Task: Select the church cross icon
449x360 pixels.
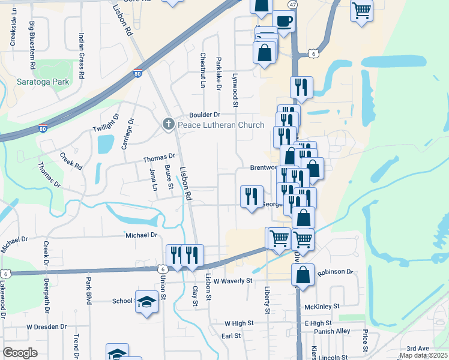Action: pos(169,125)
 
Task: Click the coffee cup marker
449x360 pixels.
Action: pos(284,22)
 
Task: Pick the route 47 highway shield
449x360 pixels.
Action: pos(292,4)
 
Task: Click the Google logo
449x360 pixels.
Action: pos(20,353)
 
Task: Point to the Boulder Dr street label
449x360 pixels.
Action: pos(205,115)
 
